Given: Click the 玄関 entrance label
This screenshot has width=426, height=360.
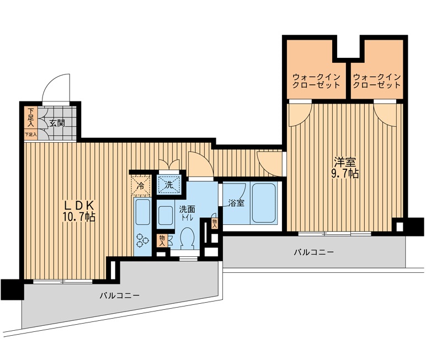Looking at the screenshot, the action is tap(57, 123).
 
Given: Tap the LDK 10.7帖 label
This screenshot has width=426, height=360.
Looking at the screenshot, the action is tap(79, 211).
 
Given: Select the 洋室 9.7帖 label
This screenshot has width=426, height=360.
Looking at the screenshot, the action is tap(345, 168).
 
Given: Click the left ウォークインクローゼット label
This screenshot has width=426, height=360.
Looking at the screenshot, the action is tap(316, 81).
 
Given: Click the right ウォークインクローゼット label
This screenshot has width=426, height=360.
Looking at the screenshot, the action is tap(376, 81).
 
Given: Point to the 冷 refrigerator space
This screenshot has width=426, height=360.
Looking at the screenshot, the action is tap(141, 185).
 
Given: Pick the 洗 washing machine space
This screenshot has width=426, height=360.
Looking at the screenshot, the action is tap(169, 185).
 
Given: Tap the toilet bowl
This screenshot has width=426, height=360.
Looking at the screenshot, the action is tap(187, 238).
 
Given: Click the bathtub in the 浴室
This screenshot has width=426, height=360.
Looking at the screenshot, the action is tap(264, 203).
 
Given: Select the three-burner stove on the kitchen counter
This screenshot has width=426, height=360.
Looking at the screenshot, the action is tap(142, 240).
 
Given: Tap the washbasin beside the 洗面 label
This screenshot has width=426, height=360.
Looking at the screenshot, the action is tap(166, 216).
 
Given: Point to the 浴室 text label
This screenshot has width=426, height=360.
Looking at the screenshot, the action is tap(236, 203).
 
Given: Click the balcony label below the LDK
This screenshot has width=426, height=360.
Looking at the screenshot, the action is tap(120, 295).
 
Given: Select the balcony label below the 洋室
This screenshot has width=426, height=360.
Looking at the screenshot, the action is tap(314, 252).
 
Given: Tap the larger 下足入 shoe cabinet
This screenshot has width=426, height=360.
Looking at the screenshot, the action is tap(31, 117).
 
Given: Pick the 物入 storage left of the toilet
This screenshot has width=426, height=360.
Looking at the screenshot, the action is tap(162, 240).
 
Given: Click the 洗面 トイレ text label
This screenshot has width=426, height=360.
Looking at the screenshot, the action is tap(187, 213).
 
